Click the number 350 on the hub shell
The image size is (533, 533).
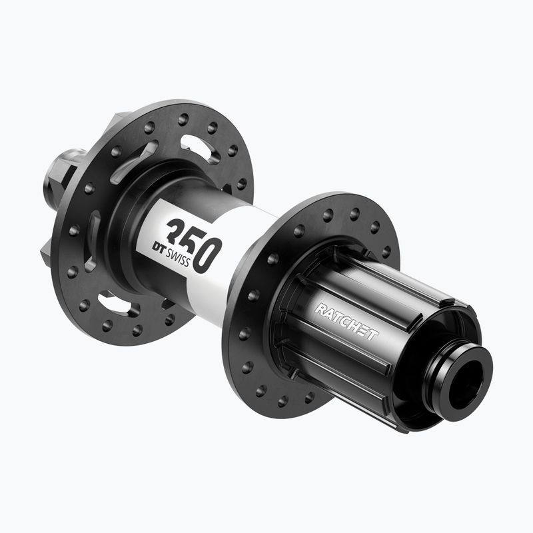pyautogui.click(x=194, y=243)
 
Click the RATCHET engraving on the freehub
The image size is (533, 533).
pyautogui.click(x=346, y=321)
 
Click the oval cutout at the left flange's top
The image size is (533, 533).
pyautogui.click(x=200, y=149)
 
